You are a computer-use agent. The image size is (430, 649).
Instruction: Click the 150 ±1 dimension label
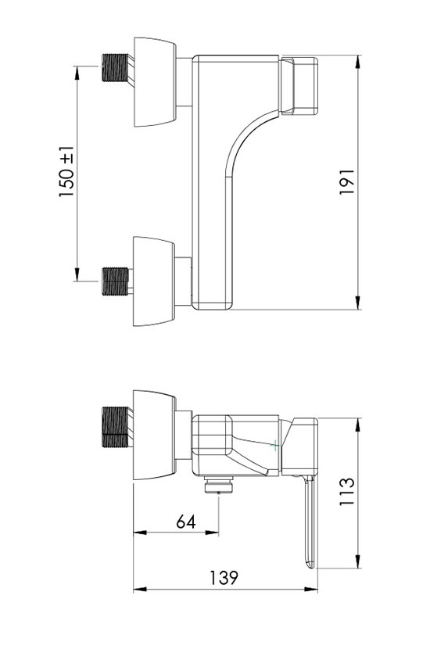[x=66, y=172]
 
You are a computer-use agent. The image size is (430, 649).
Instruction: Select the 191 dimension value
[x=347, y=181]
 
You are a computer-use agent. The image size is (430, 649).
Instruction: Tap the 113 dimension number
[x=347, y=491]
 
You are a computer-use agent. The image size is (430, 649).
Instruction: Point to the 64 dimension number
[x=186, y=522]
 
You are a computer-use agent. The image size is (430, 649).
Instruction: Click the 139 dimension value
[x=224, y=578]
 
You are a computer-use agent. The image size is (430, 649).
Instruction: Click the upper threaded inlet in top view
[x=116, y=68]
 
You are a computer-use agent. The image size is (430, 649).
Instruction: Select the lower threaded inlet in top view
[x=116, y=281]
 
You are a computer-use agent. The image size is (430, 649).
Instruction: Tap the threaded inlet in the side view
[x=116, y=428]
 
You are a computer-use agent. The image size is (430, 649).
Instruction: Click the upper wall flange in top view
[x=156, y=82]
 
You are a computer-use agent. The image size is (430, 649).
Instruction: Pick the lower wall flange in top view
[x=154, y=281]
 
